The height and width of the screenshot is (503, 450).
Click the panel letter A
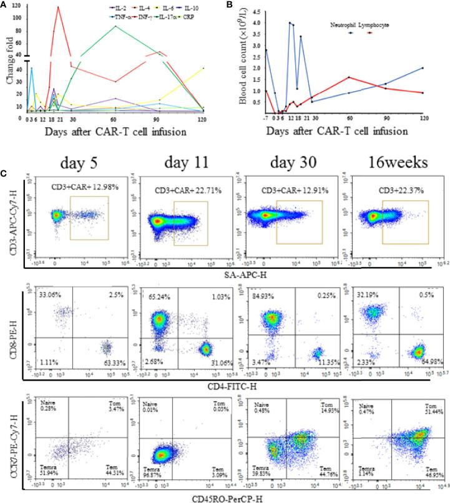coord(5,6)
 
